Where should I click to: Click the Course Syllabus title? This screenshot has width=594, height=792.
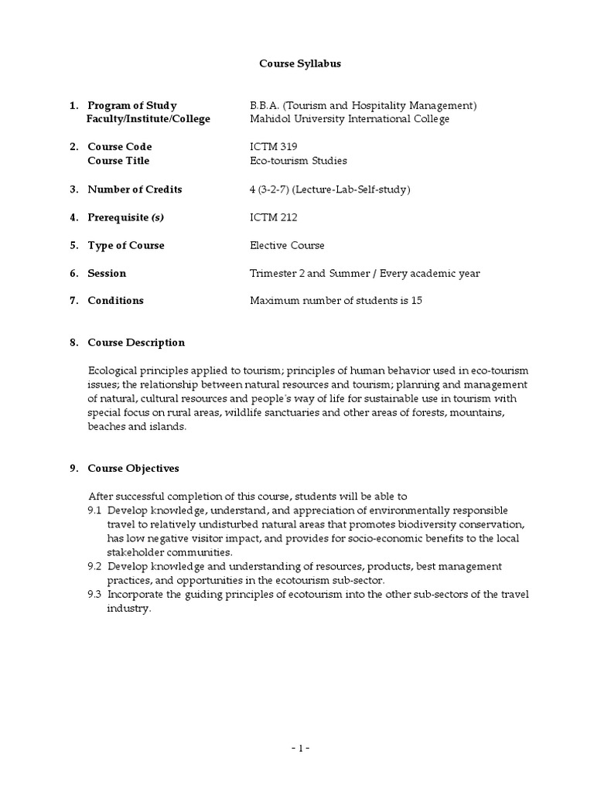299,63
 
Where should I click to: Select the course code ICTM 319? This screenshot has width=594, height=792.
273,147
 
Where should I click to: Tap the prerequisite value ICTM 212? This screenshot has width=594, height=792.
273,217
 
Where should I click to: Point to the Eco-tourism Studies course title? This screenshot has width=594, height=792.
298,161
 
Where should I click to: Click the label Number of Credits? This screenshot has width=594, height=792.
135,189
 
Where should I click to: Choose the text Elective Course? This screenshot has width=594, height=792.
287,245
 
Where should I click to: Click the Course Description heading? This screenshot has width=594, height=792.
136,343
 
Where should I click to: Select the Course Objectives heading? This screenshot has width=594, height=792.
133,469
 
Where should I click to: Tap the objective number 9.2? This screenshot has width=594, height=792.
95,567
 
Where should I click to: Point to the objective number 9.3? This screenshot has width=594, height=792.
95,595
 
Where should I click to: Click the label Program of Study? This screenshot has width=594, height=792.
131,105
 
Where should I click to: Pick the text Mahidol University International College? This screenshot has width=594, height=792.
349,119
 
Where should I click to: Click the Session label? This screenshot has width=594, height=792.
107,273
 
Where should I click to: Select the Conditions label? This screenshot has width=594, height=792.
115,301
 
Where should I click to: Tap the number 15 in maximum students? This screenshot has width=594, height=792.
416,301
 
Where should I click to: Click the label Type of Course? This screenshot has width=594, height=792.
126,245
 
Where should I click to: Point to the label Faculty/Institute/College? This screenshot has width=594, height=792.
148,119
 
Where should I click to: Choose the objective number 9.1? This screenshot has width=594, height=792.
95,510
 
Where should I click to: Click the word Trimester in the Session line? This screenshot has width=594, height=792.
275,273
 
